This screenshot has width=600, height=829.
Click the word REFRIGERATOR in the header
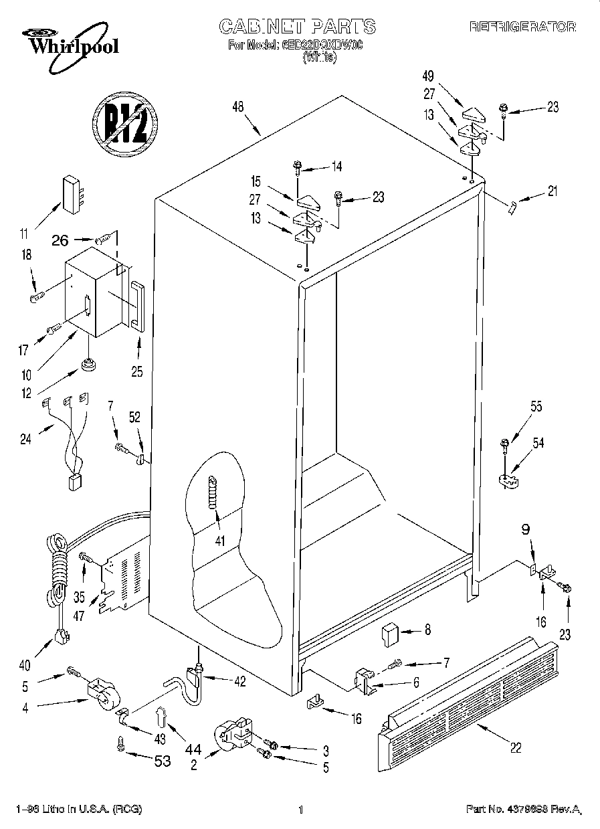pyautogui.click(x=522, y=27)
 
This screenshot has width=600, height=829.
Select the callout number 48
pyautogui.click(x=237, y=107)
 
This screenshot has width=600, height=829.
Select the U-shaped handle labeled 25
pyautogui.click(x=137, y=306)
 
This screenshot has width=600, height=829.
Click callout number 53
pyautogui.click(x=163, y=761)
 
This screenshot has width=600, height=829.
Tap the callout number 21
pyautogui.click(x=551, y=192)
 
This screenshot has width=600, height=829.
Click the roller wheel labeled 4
pyautogui.click(x=101, y=693)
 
